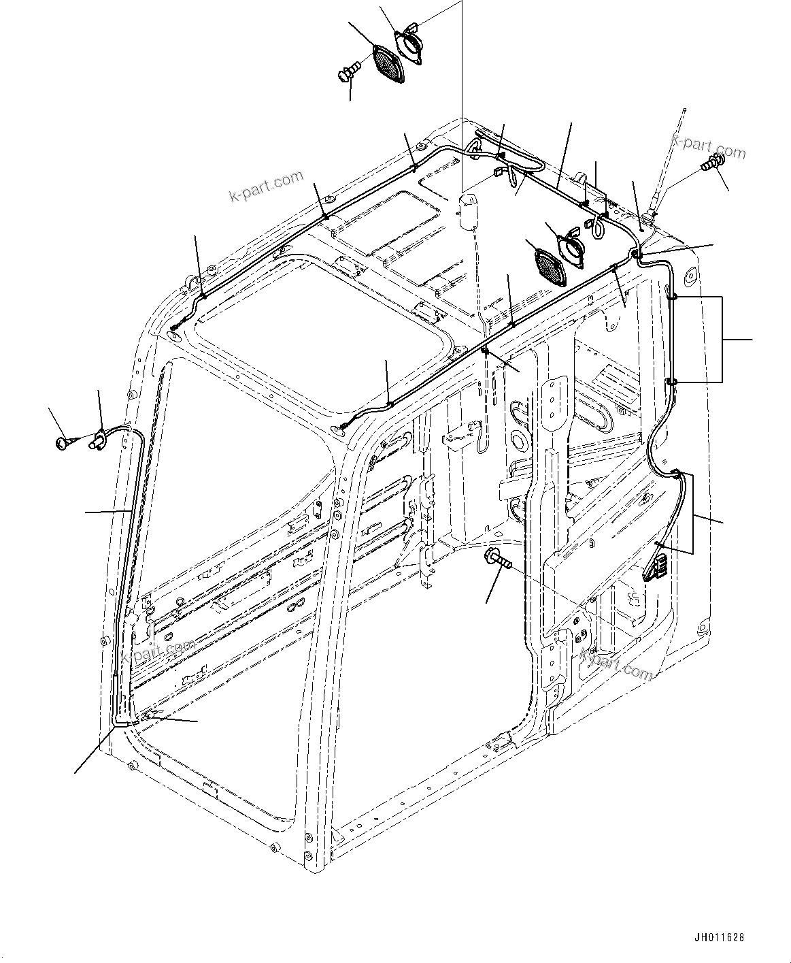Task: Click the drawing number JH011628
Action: click(x=718, y=937)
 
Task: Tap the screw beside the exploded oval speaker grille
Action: click(x=349, y=71)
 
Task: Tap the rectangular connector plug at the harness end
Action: click(x=654, y=568)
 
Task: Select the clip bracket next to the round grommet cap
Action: click(x=97, y=439)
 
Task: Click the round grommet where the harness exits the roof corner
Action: click(x=636, y=254)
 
